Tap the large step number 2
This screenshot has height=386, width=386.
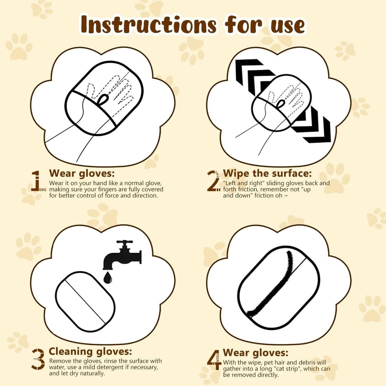(x=213, y=181)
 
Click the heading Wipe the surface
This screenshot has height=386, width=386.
(x=267, y=173)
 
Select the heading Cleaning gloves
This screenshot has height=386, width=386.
(x=90, y=351)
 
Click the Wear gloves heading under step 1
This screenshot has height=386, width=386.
(x=82, y=173)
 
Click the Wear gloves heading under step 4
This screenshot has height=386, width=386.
(x=256, y=353)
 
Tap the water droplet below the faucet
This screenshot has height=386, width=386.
(x=108, y=278)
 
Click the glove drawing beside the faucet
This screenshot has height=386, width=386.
(x=85, y=302)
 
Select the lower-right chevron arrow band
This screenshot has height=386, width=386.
(x=313, y=126)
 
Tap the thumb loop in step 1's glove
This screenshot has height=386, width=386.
(x=103, y=100)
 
